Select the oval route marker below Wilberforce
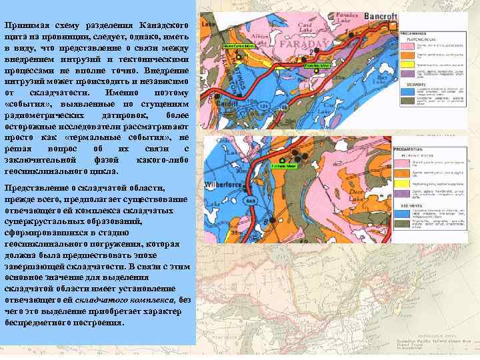[251, 200]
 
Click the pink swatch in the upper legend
[407, 46]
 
